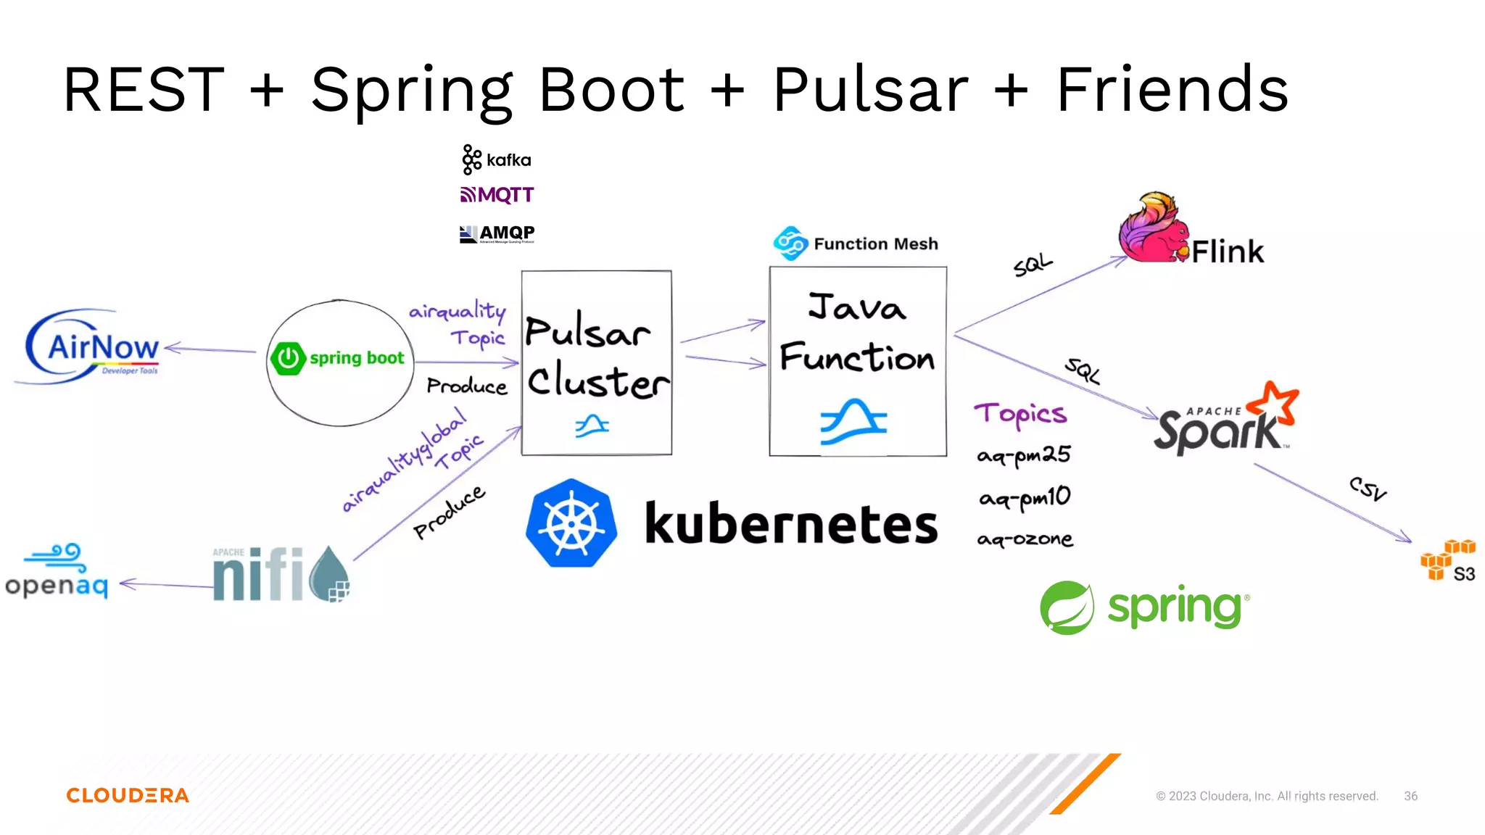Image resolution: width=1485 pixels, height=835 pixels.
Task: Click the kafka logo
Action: [x=497, y=159]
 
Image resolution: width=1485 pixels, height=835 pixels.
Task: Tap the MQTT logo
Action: [x=497, y=195]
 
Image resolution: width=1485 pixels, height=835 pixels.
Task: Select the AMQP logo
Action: [x=497, y=233]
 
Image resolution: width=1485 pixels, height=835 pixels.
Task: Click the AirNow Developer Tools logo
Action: [x=93, y=346]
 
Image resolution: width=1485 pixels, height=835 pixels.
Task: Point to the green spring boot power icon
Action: [x=288, y=358]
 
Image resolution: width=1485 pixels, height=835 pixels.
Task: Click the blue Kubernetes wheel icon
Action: [x=571, y=523]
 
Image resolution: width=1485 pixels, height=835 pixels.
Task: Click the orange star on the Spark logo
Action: [x=1276, y=403]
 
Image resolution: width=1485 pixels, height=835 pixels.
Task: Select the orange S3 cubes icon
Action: [x=1439, y=560]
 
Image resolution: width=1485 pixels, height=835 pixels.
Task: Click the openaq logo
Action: [x=57, y=573]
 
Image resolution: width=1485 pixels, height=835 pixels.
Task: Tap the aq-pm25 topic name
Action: [x=1023, y=455]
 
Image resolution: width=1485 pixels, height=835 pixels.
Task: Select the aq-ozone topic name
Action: [x=1025, y=539]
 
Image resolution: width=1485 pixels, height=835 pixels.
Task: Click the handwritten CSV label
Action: [x=1368, y=489]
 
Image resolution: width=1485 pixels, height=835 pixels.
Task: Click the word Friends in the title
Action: [x=1172, y=90]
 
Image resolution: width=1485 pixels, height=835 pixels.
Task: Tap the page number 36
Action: [x=1410, y=796]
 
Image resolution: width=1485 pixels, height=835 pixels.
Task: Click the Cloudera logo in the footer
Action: [x=128, y=795]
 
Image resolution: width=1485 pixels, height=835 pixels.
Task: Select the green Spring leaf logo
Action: [x=1067, y=607]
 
